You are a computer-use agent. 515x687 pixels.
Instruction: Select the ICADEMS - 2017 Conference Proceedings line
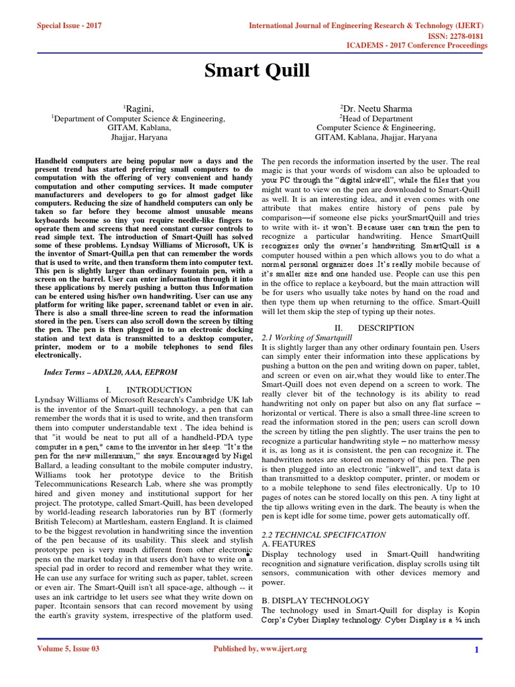(424, 46)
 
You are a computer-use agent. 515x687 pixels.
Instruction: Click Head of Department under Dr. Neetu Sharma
(376, 118)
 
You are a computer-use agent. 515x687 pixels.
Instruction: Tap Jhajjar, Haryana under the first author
(138, 137)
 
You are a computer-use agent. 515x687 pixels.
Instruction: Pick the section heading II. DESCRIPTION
(376, 328)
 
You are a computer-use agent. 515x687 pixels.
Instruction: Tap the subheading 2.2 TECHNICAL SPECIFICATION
(323, 535)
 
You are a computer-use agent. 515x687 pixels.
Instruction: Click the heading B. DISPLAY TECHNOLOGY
(314, 600)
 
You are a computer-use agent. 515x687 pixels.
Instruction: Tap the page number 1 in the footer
(476, 649)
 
